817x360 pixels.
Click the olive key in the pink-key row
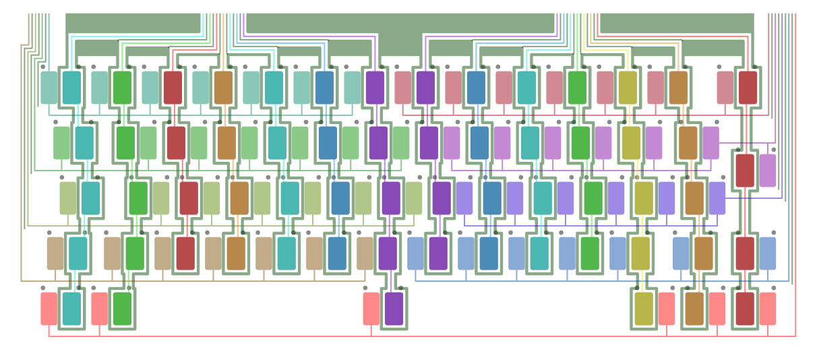(x=628, y=88)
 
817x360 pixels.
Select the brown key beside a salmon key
(x=694, y=309)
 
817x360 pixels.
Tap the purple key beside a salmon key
(x=394, y=309)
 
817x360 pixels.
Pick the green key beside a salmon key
(x=122, y=309)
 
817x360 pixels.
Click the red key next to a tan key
(x=185, y=253)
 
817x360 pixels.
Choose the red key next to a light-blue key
(x=745, y=253)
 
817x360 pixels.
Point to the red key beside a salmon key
(x=745, y=309)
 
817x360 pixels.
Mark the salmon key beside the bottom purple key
(x=371, y=309)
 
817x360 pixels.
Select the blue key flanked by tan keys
(x=337, y=253)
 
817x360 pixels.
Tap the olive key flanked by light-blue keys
(x=640, y=253)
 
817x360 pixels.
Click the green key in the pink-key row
(x=577, y=88)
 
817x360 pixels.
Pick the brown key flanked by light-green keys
(x=227, y=143)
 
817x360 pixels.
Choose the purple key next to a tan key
(x=388, y=253)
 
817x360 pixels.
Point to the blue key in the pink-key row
(x=476, y=88)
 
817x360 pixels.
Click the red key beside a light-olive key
(x=189, y=198)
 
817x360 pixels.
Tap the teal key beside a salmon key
(x=71, y=309)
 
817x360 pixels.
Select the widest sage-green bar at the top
(x=400, y=23)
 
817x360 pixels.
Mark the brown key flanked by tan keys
(x=236, y=253)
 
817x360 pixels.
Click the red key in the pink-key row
(x=748, y=88)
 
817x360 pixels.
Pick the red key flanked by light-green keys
(x=176, y=143)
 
